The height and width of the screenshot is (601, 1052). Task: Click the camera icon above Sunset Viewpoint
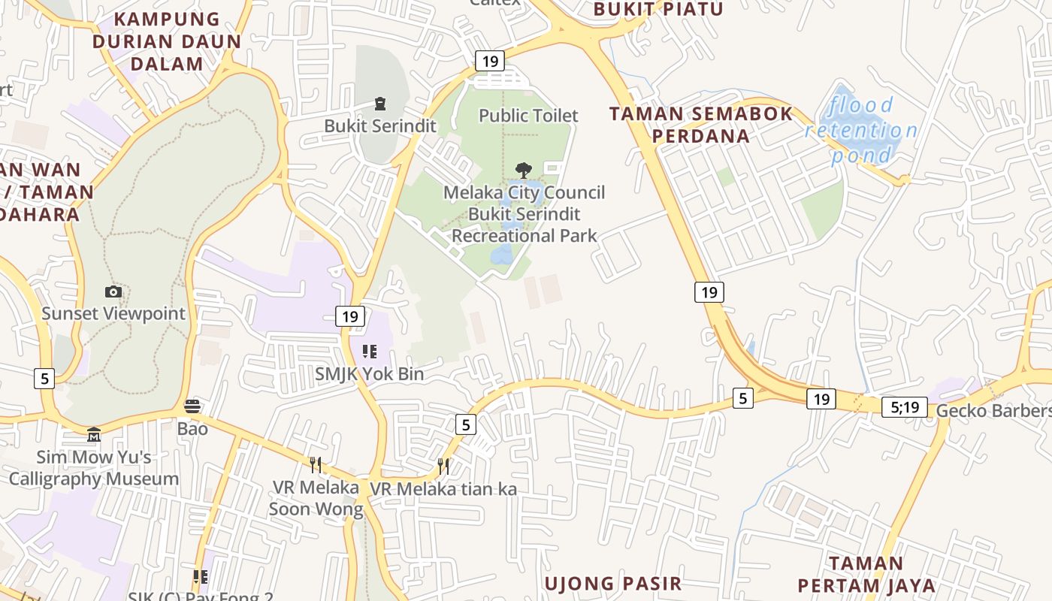(113, 291)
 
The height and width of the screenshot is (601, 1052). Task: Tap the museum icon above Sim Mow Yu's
(93, 434)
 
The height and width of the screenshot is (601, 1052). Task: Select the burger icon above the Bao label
(192, 406)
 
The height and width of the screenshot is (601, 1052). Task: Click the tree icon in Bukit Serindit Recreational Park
(524, 170)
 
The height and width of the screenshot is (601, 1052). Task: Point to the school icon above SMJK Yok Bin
(369, 351)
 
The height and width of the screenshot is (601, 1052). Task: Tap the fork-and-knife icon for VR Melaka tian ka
(443, 467)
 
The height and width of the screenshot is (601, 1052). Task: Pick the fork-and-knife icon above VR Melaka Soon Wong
(316, 465)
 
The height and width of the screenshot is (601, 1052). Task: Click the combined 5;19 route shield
(904, 407)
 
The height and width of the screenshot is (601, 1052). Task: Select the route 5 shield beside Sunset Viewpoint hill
(44, 379)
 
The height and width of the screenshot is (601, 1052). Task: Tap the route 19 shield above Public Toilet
(489, 62)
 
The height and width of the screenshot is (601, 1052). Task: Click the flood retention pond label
(861, 130)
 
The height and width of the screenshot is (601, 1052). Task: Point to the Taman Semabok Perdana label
(701, 125)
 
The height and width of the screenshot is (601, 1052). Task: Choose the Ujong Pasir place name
(613, 583)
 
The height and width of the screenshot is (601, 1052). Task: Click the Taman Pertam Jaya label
(866, 575)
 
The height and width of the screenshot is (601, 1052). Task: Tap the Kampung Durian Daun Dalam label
(167, 41)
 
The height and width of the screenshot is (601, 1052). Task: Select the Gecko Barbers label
(992, 410)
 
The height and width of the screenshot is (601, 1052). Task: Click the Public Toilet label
(528, 116)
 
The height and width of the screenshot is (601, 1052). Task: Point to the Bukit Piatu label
(658, 9)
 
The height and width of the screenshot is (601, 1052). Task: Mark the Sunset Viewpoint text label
(113, 313)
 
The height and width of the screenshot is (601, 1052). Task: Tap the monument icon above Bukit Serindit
(379, 104)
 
